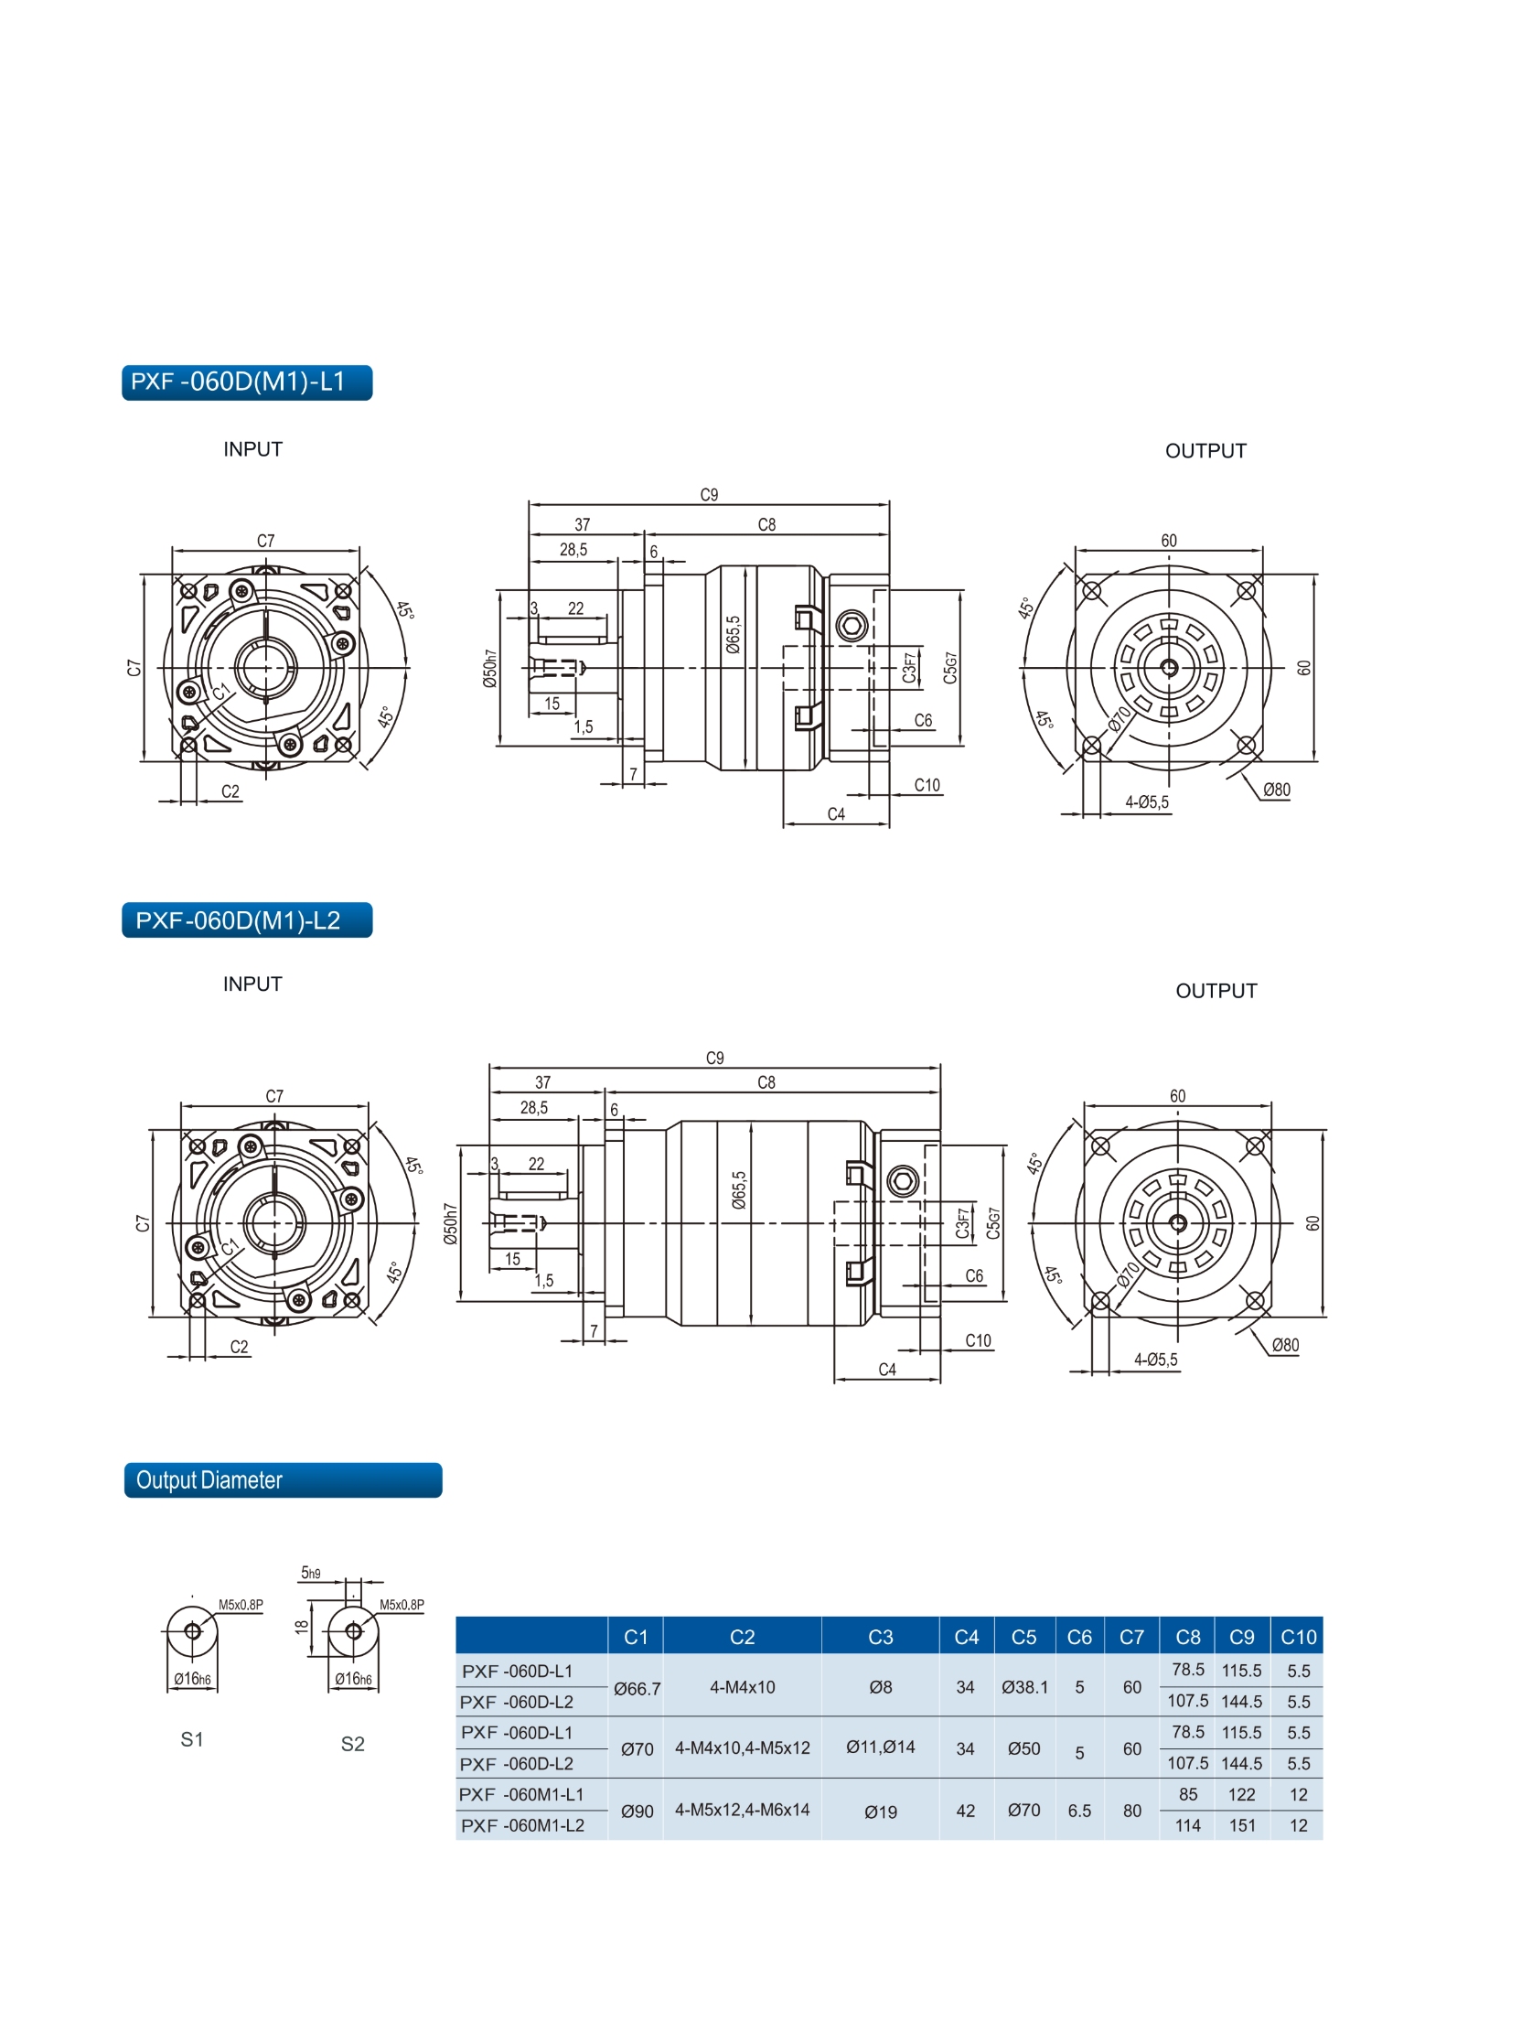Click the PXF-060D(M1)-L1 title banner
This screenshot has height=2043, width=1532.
click(247, 382)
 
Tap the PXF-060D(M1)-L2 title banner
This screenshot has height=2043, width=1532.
click(247, 919)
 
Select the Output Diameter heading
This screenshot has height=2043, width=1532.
click(283, 1479)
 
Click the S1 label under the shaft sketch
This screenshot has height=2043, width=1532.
click(192, 1739)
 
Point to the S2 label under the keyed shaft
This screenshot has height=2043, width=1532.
click(353, 1743)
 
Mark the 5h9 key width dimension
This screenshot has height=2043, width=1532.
click(311, 1572)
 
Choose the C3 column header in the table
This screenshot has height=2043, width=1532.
click(880, 1637)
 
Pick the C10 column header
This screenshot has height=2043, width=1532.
click(1298, 1637)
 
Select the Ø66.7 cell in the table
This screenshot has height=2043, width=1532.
click(637, 1688)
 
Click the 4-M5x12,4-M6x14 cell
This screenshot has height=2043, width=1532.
click(742, 1810)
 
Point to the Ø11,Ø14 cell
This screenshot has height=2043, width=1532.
click(880, 1747)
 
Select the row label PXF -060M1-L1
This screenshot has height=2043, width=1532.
click(521, 1793)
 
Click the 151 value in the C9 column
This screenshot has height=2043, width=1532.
click(1242, 1825)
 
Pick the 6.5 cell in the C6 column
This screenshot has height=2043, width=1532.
click(1079, 1811)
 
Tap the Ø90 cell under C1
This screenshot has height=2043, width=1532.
click(637, 1812)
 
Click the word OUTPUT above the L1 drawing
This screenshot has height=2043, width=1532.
click(1205, 451)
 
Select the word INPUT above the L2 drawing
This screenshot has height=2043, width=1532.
click(252, 984)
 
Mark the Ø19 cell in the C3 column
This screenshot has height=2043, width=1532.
click(880, 1812)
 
